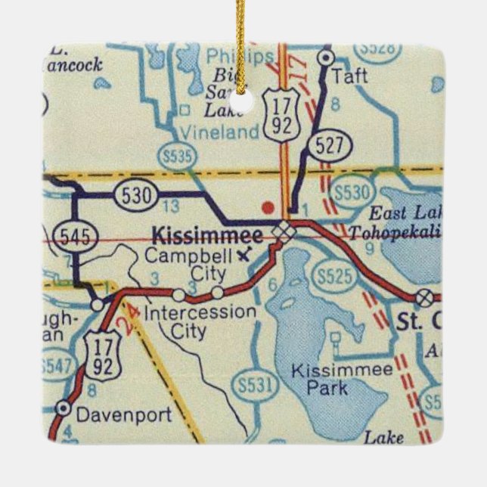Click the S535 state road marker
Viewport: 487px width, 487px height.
click(x=177, y=156)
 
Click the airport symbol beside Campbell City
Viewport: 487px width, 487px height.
click(x=241, y=255)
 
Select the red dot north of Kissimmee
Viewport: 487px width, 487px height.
click(x=265, y=205)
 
